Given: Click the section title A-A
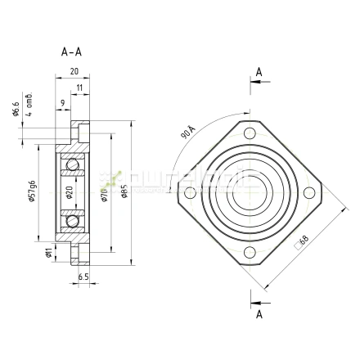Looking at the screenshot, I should (72, 52).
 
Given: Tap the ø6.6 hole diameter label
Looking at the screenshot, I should (16, 109).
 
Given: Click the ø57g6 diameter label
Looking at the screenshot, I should (31, 190).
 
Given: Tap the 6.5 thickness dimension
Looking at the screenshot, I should (84, 278).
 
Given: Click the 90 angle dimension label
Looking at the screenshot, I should (187, 131).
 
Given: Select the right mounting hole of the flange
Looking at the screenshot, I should (308, 193).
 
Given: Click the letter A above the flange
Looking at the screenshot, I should (259, 73).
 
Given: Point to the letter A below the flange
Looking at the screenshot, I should (259, 313).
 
